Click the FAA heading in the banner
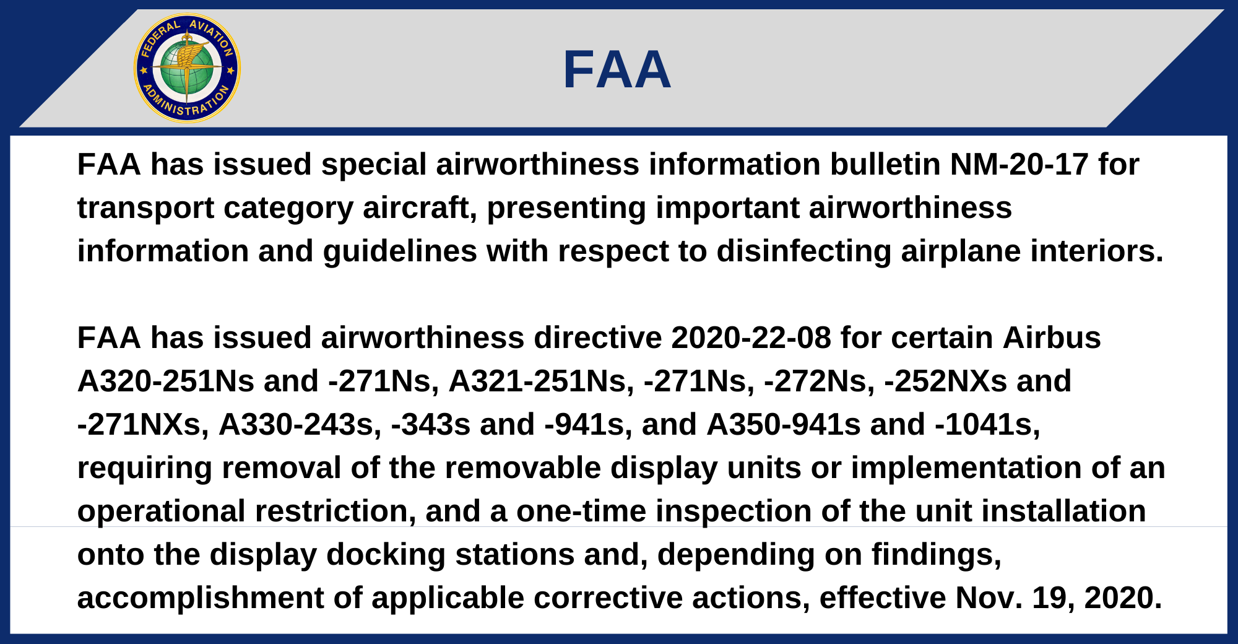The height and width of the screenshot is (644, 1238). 617,69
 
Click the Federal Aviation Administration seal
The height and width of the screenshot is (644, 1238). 187,68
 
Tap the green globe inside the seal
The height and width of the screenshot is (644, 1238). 187,68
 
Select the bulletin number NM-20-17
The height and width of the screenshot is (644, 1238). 1019,165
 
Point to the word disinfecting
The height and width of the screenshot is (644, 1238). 803,251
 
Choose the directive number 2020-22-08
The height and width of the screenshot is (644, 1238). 751,338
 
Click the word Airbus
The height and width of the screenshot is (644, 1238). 1052,338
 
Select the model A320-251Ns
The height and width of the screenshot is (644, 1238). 166,381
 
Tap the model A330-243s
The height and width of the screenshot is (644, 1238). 300,425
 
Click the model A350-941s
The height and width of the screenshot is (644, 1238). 784,425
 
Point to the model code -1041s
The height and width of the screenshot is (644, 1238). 987,425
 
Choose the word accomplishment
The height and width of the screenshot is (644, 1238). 201,598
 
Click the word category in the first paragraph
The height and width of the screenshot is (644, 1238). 288,208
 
